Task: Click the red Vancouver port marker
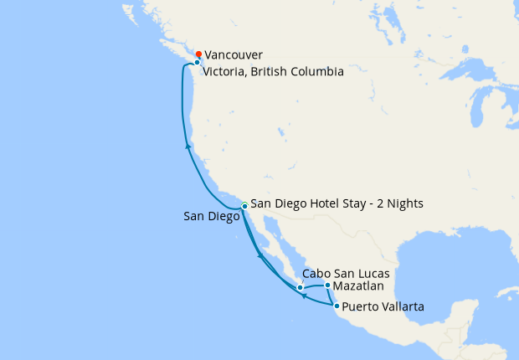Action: (198, 54)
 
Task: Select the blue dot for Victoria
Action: (197, 63)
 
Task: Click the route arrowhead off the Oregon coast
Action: (188, 147)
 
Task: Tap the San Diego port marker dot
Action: (244, 205)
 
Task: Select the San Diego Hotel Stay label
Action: (337, 203)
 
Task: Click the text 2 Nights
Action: (399, 203)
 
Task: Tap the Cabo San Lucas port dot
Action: (300, 288)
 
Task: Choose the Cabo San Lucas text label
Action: (346, 274)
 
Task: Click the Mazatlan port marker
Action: (327, 285)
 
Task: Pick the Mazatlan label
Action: (360, 286)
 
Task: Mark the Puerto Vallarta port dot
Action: (336, 306)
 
